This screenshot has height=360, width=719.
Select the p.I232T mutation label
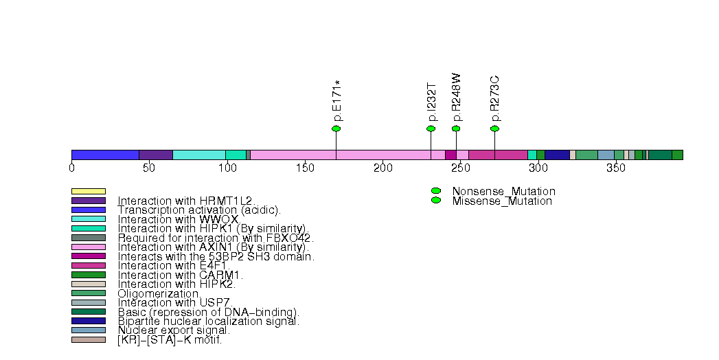[x=431, y=102]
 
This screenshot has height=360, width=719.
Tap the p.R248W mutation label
[x=456, y=98]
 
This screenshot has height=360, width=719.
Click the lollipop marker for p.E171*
[x=336, y=128]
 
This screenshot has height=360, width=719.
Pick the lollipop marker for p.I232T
[x=431, y=128]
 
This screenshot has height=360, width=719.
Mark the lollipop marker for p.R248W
[x=456, y=128]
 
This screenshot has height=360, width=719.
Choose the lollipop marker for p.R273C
[x=494, y=128]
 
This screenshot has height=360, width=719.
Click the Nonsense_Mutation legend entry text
[x=503, y=191]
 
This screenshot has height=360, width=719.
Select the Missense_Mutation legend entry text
[x=502, y=201]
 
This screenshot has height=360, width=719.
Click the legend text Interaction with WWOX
[x=178, y=219]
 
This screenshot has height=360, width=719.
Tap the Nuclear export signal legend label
[x=174, y=330]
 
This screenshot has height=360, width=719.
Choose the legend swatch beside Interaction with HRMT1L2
[x=89, y=201]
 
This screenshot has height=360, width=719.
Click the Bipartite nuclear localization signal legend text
[x=209, y=321]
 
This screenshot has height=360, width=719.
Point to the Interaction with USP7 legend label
[x=175, y=302]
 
